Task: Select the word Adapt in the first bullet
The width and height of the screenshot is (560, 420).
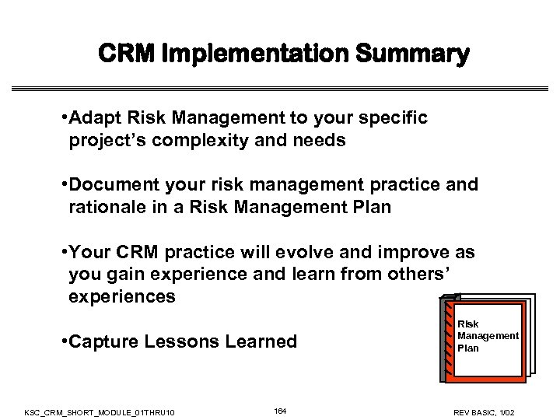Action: click(x=92, y=118)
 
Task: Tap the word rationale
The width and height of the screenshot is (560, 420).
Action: click(x=105, y=208)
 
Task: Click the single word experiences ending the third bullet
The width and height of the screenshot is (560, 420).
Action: click(x=122, y=298)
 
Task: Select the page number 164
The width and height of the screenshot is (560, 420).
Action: click(x=280, y=410)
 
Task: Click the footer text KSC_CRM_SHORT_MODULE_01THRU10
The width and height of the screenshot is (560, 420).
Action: click(x=100, y=411)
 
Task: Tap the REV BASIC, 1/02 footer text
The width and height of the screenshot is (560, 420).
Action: click(x=495, y=411)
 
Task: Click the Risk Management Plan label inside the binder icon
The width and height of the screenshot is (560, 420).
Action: click(x=487, y=335)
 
